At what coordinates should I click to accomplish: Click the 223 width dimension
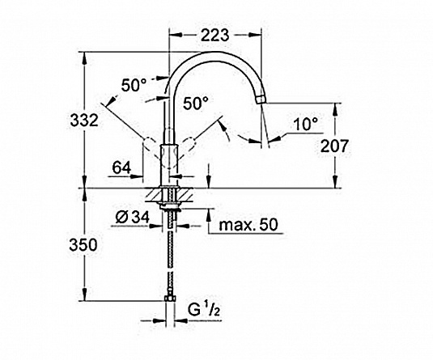[x=214, y=35]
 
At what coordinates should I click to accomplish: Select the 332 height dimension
[x=84, y=121]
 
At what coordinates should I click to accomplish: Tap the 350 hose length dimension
[x=83, y=245]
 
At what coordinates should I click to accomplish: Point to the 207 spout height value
[x=334, y=146]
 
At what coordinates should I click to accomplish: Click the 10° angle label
[x=306, y=125]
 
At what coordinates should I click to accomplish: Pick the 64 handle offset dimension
[x=121, y=167]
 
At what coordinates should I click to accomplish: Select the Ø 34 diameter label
[x=132, y=218]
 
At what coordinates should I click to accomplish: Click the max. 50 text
[x=248, y=225]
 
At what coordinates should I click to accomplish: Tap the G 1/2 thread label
[x=204, y=310]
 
